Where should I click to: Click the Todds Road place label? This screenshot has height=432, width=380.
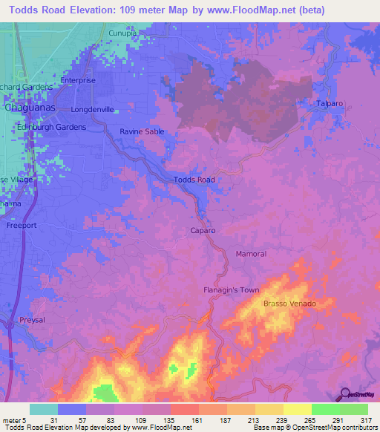pyautogui.click(x=194, y=180)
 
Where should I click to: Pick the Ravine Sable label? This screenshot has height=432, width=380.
pyautogui.click(x=142, y=131)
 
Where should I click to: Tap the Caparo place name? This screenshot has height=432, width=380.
pyautogui.click(x=201, y=231)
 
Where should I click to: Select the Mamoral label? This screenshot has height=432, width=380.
pyautogui.click(x=251, y=254)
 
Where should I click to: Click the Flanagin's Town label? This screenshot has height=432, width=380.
pyautogui.click(x=232, y=289)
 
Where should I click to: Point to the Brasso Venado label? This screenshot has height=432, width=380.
pyautogui.click(x=289, y=304)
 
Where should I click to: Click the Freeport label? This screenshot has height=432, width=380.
pyautogui.click(x=21, y=224)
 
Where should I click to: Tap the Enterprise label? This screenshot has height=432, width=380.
pyautogui.click(x=79, y=80)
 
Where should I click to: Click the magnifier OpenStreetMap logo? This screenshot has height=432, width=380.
pyautogui.click(x=345, y=395)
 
